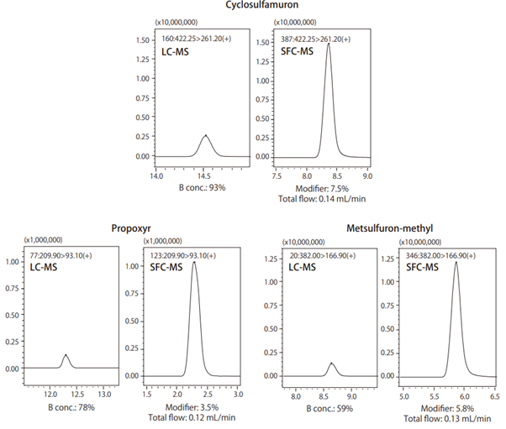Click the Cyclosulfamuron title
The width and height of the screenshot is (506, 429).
tap(253, 6)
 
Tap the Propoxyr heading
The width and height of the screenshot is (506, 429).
tap(131, 228)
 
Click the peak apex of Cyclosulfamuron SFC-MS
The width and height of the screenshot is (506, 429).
tap(328, 44)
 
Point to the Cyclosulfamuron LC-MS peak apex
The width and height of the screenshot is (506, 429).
tap(206, 135)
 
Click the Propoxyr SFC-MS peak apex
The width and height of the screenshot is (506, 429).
tap(194, 262)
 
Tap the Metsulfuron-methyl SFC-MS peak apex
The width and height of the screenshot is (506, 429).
tap(456, 262)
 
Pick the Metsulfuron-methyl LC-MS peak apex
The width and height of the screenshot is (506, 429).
tap(332, 363)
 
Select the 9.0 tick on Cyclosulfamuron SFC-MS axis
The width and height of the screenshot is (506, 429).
tap(367, 175)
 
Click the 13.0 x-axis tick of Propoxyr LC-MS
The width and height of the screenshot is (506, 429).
tap(105, 393)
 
